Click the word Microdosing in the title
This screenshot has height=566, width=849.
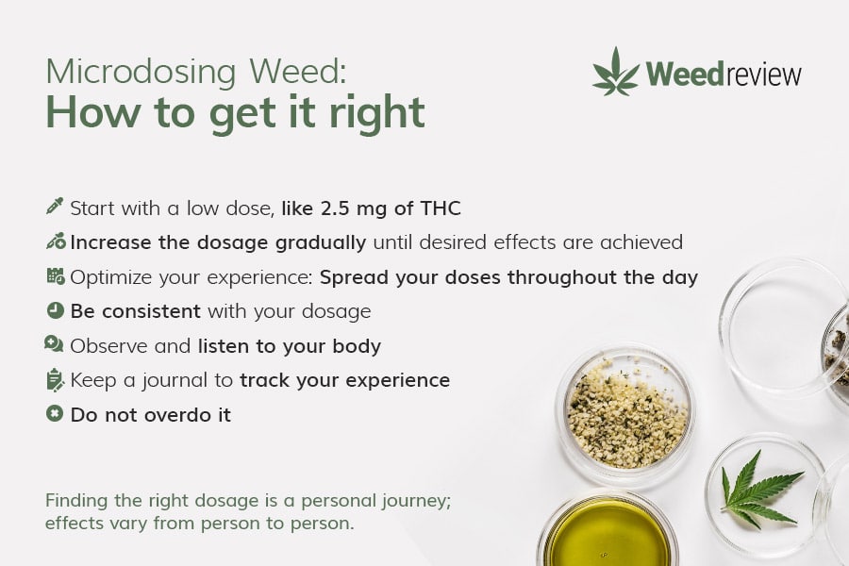141,72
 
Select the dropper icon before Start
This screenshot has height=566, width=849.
55,207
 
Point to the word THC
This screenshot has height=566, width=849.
441,208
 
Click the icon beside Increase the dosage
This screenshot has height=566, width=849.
56,241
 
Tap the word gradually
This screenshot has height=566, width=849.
321,243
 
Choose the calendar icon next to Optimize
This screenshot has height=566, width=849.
56,275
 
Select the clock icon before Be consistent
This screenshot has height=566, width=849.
56,310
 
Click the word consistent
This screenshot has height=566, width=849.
151,311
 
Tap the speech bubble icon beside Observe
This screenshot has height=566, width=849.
54,344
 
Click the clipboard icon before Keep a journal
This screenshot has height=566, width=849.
56,379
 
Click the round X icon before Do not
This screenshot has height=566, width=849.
55,414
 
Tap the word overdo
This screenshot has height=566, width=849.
175,415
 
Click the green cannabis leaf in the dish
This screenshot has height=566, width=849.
759,491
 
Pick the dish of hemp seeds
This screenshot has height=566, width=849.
625,414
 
